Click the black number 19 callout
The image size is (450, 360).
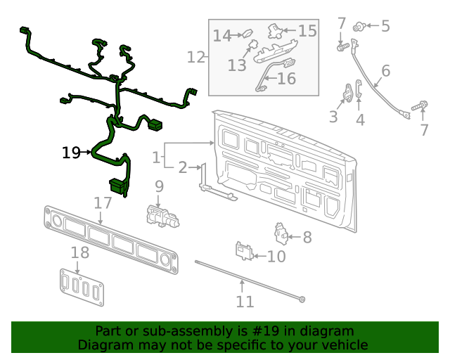pos(71,152)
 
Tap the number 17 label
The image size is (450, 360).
pos(103,203)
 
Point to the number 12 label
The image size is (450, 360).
pos(195,56)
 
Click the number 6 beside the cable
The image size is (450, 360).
pos(385,71)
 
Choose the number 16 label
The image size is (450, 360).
pos(286,79)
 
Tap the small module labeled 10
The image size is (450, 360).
pos(244,250)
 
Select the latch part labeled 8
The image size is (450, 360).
pos(282,233)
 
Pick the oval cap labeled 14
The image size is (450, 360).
pos(247,33)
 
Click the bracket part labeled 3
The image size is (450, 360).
pos(349,93)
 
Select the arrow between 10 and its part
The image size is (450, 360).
pos(259,256)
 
